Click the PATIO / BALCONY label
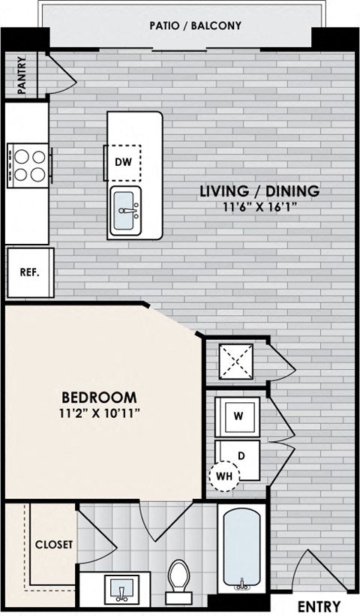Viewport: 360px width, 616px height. tap(194, 26)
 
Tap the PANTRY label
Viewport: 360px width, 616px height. tap(22, 74)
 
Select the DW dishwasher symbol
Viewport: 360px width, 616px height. tap(123, 161)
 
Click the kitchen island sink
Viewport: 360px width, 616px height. tap(125, 210)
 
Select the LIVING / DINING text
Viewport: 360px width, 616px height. tap(259, 191)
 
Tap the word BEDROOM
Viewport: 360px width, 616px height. tap(98, 397)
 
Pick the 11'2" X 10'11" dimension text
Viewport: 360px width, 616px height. tap(98, 412)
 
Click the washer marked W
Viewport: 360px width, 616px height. tap(238, 416)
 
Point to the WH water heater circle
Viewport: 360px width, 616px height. tap(223, 476)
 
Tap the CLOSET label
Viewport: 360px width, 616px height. tap(54, 545)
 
